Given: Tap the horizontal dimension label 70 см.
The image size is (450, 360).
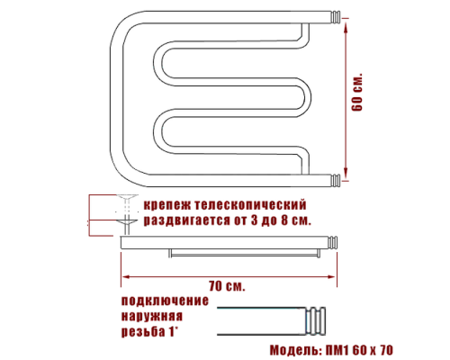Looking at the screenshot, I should tap(227, 285).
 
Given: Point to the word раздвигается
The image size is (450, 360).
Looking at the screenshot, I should tap(188, 220).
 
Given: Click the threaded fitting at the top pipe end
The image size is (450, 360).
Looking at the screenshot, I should tap(335, 16).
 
